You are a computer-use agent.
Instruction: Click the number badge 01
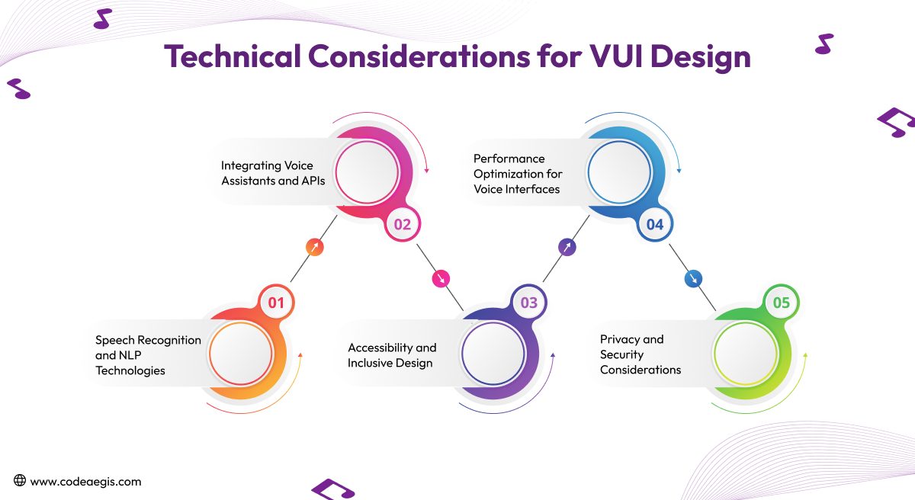click(x=276, y=303)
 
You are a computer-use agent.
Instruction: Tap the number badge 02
click(x=403, y=224)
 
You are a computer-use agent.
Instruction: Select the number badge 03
click(x=529, y=303)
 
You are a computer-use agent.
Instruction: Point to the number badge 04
click(x=655, y=224)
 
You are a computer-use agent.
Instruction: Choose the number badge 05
click(x=782, y=303)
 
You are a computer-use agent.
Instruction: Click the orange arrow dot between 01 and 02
click(x=314, y=247)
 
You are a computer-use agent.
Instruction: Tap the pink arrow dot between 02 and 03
click(x=441, y=279)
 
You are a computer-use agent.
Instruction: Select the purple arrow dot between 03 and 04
click(x=567, y=247)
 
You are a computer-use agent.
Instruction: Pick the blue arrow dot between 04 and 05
click(x=693, y=279)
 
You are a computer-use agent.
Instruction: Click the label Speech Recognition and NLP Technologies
click(x=148, y=355)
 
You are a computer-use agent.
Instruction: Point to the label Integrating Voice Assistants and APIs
click(x=272, y=173)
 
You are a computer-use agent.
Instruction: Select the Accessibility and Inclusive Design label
click(x=392, y=355)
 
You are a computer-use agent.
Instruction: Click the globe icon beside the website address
click(x=20, y=481)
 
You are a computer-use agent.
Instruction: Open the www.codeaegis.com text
click(x=85, y=482)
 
